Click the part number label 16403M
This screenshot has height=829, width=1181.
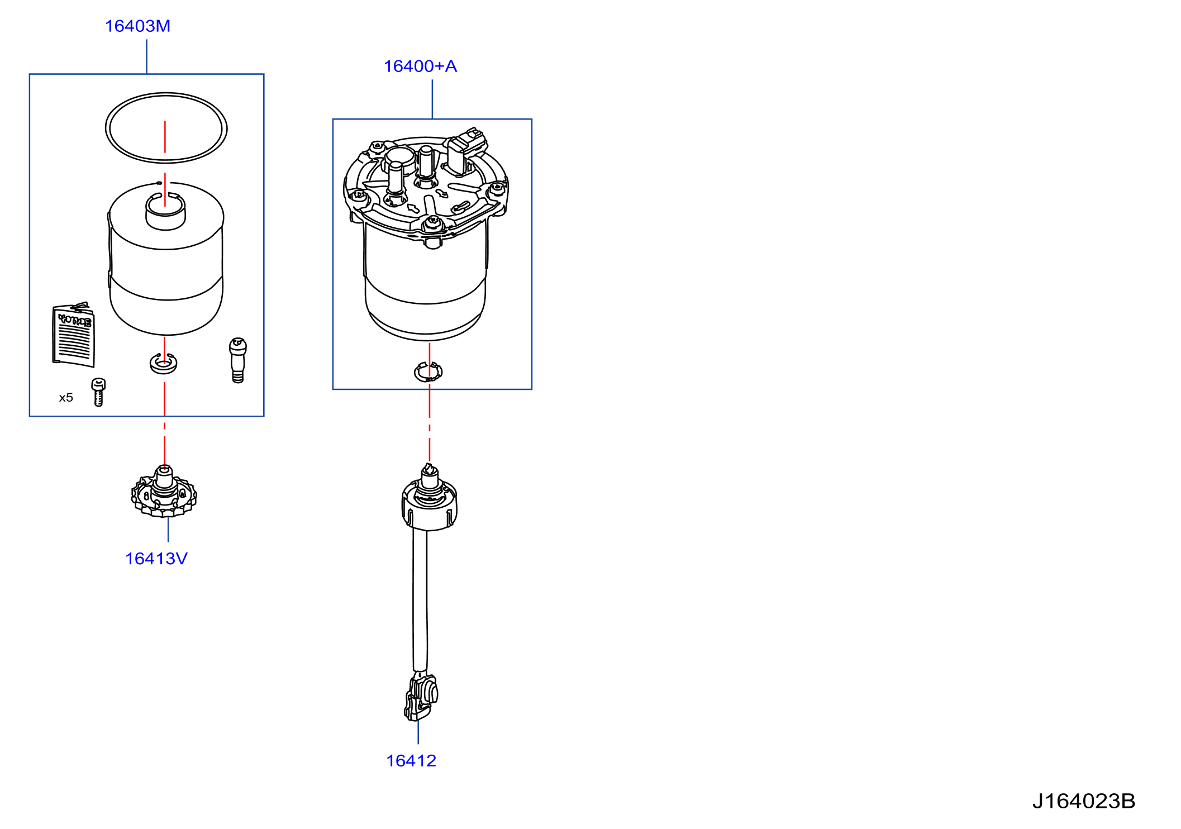point(137,26)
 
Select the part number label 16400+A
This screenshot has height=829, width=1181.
point(420,66)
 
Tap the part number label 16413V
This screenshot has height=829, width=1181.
point(156,559)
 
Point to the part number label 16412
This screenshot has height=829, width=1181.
point(411,761)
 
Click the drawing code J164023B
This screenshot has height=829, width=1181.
point(1084,801)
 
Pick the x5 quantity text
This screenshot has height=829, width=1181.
point(66,398)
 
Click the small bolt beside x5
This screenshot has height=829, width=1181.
point(98,392)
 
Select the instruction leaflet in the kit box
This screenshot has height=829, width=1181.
point(74,335)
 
